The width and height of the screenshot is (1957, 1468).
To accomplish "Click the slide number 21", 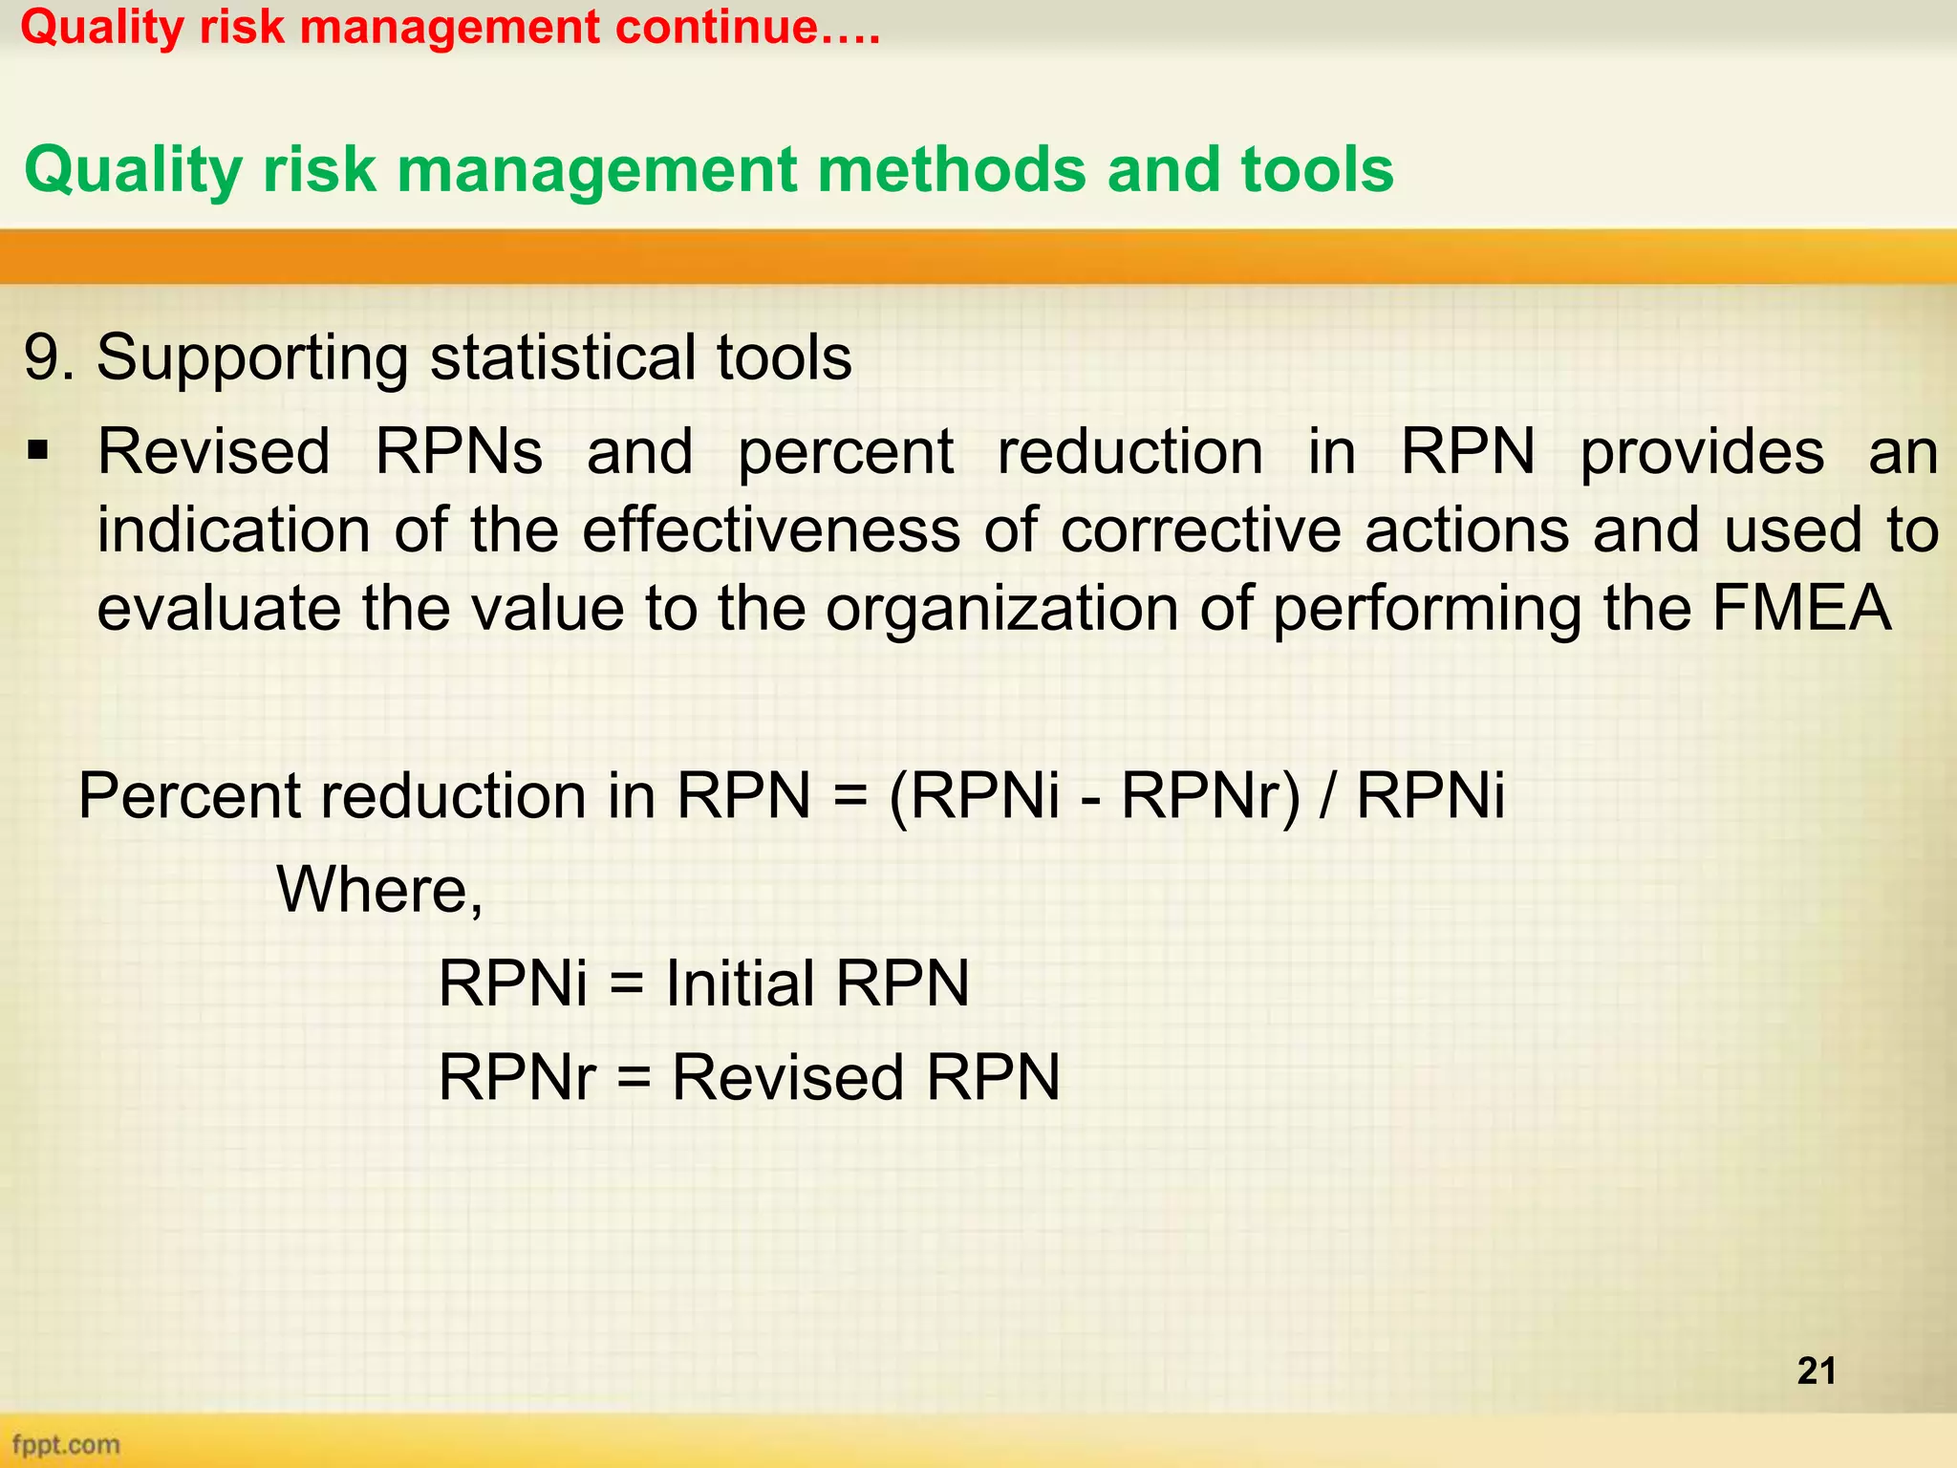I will (x=1817, y=1371).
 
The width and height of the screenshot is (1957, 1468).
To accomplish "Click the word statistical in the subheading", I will (x=564, y=358).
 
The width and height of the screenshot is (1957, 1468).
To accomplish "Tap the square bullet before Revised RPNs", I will (x=38, y=449).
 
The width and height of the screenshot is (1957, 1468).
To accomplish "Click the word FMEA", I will (x=1800, y=609).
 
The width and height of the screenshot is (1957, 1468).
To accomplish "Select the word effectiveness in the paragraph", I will (x=770, y=530).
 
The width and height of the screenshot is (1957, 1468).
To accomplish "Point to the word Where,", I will (x=379, y=890).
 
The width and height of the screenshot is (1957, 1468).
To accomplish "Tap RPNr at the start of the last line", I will (x=516, y=1077).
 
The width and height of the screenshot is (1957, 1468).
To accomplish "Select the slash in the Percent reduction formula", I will (x=1326, y=796).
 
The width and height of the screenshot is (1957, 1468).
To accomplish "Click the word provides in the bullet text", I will (x=1701, y=451).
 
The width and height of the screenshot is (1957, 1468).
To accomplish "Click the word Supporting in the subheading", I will (x=250, y=358).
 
